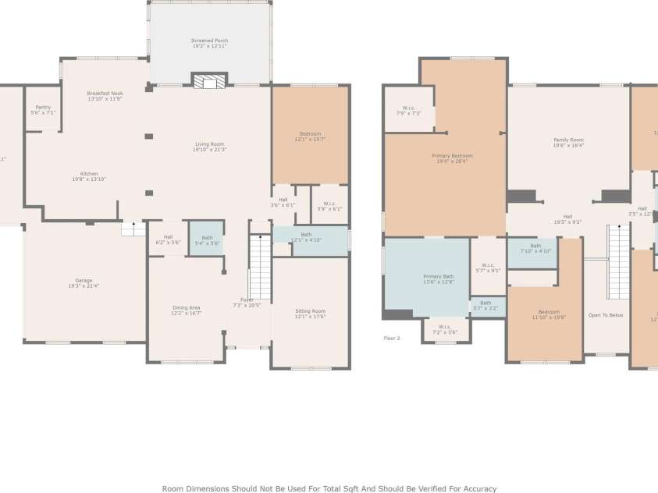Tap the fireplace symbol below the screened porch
coord(209,81)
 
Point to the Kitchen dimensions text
coord(89,179)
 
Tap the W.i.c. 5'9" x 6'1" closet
coord(329,206)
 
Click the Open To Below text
coord(606,315)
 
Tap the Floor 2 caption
coord(392,338)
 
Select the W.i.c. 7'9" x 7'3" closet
coord(408,110)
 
